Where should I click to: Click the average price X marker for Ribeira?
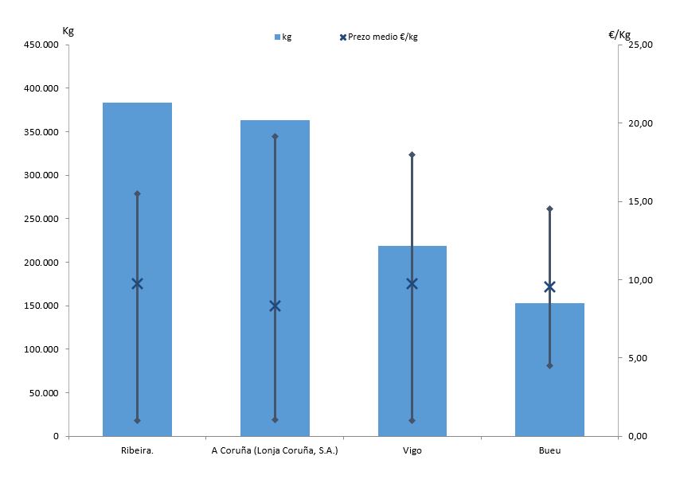[137, 283]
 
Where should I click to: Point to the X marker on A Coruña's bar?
[275, 306]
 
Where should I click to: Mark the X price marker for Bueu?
[549, 286]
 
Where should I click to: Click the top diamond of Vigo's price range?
[412, 154]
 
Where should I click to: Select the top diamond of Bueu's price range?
[549, 208]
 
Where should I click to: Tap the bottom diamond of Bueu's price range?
[549, 366]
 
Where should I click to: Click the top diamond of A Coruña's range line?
[275, 136]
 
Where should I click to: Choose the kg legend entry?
[283, 37]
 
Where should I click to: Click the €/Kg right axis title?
[619, 34]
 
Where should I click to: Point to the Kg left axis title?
[68, 30]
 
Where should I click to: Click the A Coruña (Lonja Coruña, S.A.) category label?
[275, 451]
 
